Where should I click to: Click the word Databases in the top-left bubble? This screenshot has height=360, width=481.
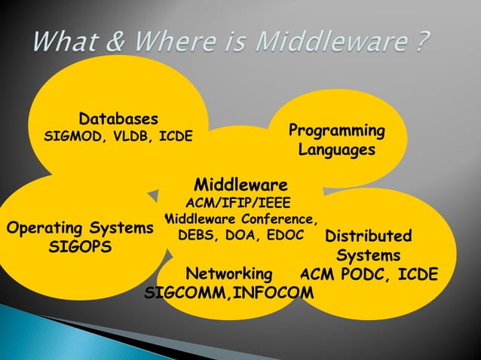(119, 119)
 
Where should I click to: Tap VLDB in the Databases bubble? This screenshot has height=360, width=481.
(129, 137)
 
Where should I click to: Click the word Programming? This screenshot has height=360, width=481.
(336, 131)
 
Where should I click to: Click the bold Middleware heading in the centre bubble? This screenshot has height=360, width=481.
(240, 185)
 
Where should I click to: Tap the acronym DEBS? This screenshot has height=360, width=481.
(195, 236)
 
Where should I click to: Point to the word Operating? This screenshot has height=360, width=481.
(41, 227)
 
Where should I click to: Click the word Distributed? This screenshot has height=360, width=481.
(368, 236)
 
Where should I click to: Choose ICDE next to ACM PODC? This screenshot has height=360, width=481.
(415, 273)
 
